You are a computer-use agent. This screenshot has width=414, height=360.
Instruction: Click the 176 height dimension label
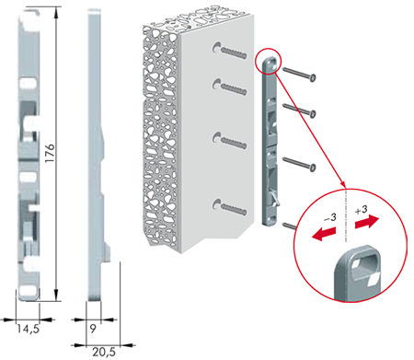50,153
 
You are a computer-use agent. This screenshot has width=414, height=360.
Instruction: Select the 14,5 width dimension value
28,329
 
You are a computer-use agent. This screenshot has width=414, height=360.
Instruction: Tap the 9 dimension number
93,329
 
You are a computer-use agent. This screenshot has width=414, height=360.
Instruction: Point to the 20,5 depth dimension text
104,352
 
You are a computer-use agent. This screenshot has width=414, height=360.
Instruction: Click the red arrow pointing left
322,234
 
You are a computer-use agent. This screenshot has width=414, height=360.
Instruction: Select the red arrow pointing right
367,222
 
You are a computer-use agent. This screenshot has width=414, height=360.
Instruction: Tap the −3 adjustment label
330,218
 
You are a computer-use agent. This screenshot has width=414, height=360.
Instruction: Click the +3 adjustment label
362,210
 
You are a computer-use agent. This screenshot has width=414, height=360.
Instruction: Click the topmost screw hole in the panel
217,47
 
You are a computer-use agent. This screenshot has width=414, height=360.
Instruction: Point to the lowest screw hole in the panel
217,204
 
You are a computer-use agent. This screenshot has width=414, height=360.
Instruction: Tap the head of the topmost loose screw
313,78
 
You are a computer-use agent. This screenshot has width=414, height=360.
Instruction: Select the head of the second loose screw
313,114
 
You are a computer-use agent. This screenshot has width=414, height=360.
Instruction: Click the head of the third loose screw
313,168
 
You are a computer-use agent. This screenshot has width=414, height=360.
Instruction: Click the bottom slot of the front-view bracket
29,290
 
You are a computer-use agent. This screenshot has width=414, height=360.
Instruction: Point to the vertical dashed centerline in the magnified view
346,215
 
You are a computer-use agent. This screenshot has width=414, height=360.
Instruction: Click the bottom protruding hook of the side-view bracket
108,251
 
